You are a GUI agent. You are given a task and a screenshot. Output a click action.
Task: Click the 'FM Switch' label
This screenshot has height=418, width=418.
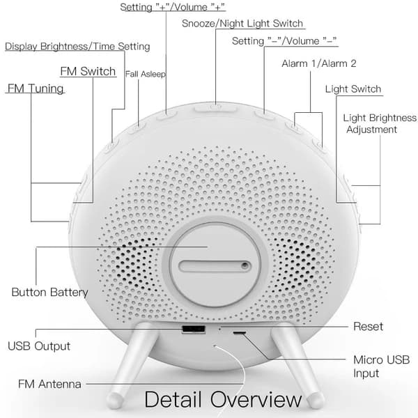tap(87, 72)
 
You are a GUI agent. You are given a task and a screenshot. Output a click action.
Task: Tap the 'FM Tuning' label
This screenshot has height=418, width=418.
tap(36, 89)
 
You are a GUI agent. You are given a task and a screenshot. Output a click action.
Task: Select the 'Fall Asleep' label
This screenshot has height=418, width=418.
tap(145, 74)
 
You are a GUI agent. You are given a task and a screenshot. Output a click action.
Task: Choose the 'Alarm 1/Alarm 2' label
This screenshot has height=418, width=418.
tap(319, 63)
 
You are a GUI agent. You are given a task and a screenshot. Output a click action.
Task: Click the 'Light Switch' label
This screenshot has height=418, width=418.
tap(353, 89)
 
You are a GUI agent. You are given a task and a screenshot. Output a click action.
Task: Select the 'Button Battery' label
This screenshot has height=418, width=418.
tap(49, 292)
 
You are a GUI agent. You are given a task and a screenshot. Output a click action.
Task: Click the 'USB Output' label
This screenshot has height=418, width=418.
tap(39, 346)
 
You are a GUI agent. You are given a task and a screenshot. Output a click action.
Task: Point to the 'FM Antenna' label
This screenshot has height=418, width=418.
tap(49, 384)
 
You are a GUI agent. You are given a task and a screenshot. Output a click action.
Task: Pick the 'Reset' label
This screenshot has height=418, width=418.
tap(368, 326)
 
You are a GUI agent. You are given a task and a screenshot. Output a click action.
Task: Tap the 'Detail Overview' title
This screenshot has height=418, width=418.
tap(224, 399)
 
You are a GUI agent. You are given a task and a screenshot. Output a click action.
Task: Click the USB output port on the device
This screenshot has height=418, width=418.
tap(189, 329)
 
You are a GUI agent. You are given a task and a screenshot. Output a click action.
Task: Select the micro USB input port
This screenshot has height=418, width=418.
tap(239, 334)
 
